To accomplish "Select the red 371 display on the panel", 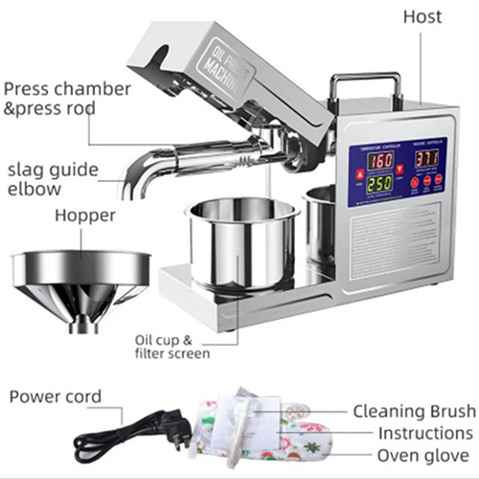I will [426, 157].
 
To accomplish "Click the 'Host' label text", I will [422, 16].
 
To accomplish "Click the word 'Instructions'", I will [423, 433].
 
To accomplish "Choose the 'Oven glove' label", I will [422, 455].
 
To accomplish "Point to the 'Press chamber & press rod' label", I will [67, 98].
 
